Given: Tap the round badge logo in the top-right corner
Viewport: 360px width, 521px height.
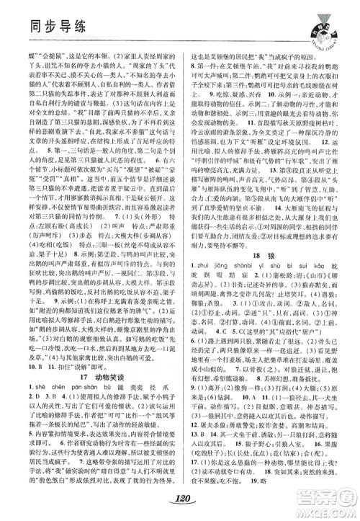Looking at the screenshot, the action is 318,26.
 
